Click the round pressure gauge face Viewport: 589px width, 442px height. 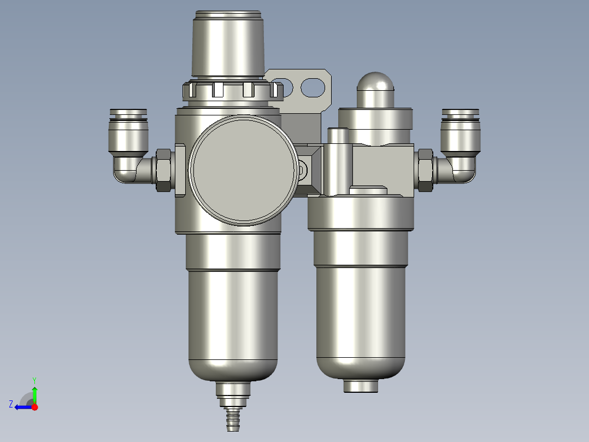click(244, 170)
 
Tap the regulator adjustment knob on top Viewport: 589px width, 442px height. click(228, 44)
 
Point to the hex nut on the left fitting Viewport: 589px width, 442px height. click(163, 170)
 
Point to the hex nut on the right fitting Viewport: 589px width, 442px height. click(425, 170)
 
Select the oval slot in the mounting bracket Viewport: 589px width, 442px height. click(313, 87)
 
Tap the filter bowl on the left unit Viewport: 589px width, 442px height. click(233, 323)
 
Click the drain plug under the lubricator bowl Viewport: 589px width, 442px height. click(361, 386)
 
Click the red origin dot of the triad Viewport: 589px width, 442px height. click(34, 407)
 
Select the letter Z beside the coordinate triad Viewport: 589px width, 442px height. click(11, 404)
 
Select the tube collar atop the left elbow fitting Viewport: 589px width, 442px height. click(128, 114)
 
